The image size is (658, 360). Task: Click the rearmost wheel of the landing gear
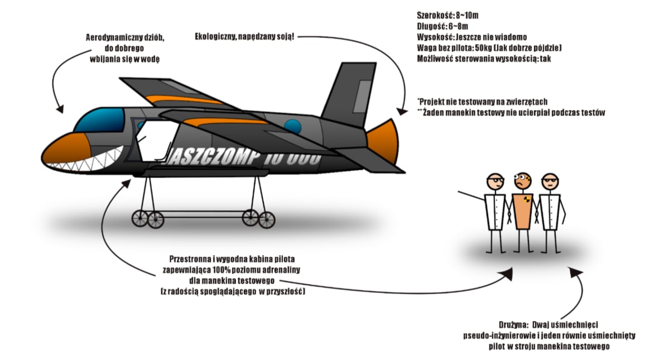point(267,219)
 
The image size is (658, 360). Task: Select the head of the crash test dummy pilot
point(522,181)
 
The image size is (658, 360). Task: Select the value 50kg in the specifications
point(475,48)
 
